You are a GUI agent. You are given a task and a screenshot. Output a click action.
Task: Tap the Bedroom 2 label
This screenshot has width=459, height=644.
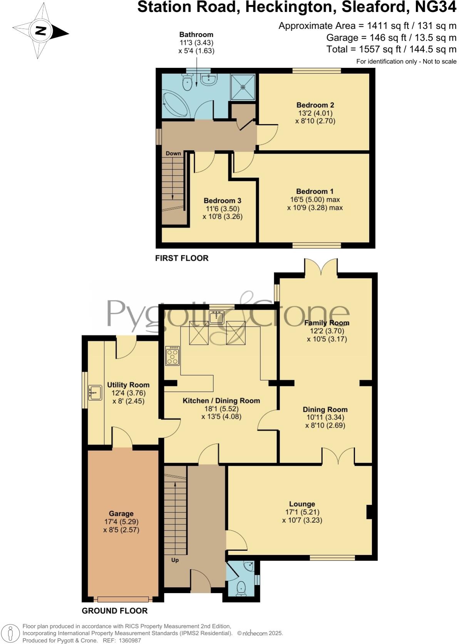[x=315, y=105]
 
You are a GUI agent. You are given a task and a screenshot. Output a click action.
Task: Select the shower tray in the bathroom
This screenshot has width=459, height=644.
[x=243, y=87]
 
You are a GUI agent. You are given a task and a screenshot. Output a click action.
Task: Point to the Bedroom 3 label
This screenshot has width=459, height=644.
[x=222, y=201]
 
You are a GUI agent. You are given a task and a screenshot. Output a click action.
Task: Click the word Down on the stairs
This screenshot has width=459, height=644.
[x=173, y=153]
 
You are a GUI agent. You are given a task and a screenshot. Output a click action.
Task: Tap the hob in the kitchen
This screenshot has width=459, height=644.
[x=172, y=356]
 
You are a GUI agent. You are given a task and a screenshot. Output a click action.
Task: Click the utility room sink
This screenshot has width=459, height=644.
[x=94, y=392]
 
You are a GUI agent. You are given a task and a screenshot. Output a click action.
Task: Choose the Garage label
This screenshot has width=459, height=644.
[x=121, y=513]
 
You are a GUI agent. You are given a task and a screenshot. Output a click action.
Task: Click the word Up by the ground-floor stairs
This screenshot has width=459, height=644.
[x=175, y=560]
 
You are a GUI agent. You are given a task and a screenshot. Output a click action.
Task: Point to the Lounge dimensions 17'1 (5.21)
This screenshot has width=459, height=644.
[x=302, y=512]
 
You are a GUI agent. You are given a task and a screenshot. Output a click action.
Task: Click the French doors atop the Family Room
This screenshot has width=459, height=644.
[x=321, y=268]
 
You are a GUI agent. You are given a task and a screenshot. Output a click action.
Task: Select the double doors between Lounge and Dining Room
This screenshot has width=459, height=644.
[x=338, y=456]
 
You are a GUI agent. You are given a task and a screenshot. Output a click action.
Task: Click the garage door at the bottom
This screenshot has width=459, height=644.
[x=123, y=599]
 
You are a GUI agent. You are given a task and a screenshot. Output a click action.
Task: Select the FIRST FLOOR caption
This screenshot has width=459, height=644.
[x=182, y=258]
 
